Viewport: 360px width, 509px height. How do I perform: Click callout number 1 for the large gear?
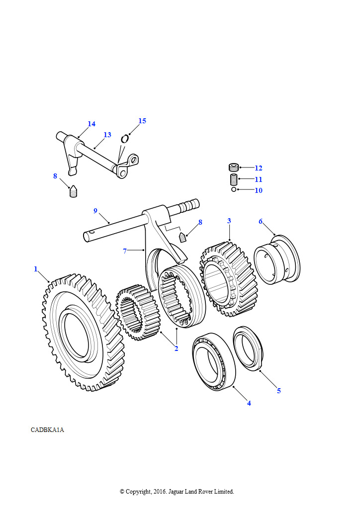tap(36, 269)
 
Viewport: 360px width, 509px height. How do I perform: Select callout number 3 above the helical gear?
tap(229, 221)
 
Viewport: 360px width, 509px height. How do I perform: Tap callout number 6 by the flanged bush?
tap(261, 221)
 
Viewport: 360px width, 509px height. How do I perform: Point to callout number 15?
tap(142, 121)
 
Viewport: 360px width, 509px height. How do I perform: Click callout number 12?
tap(259, 168)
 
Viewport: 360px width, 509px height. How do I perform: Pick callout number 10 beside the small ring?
tap(259, 190)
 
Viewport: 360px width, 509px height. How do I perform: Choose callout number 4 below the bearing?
tap(249, 403)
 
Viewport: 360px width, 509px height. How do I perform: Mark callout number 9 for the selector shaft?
tap(95, 211)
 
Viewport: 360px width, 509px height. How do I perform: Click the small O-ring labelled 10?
tap(234, 189)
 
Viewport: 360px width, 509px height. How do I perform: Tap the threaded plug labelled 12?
tap(234, 168)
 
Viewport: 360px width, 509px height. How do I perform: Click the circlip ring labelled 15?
tap(125, 139)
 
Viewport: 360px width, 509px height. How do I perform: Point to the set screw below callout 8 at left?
tap(74, 191)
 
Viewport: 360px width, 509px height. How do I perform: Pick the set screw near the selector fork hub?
tap(183, 237)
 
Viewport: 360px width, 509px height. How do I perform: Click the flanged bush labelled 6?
tap(277, 259)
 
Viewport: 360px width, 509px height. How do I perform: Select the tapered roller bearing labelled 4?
tap(213, 361)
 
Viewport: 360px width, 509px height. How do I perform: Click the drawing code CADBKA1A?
tap(47, 430)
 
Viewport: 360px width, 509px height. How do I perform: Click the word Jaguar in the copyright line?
tap(176, 492)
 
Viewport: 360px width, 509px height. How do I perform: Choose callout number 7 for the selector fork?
tap(125, 251)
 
